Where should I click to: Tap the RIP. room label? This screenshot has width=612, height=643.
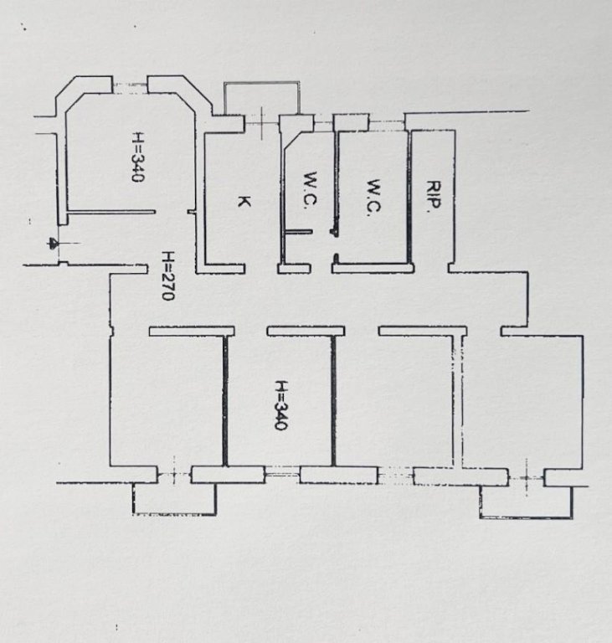click(434, 198)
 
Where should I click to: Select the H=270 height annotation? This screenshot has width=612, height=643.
click(168, 275)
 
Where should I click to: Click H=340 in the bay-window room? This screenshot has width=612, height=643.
click(138, 157)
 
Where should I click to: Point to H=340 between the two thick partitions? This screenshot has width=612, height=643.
click(280, 405)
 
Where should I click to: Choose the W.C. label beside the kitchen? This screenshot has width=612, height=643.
click(311, 190)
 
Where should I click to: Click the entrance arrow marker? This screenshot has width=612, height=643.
click(54, 243)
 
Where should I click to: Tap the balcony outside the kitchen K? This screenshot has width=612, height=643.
click(262, 98)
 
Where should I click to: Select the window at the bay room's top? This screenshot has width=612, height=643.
click(130, 85)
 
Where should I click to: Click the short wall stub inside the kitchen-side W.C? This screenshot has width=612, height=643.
click(298, 232)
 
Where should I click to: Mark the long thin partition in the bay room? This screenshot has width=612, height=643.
click(111, 212)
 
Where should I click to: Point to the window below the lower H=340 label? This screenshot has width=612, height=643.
click(282, 475)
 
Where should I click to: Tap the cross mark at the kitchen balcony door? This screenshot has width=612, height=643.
click(262, 121)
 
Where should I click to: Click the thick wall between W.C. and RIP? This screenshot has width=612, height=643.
click(409, 198)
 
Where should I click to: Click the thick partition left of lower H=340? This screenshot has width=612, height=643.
click(224, 401)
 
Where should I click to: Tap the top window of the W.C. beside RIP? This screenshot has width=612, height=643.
click(387, 121)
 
